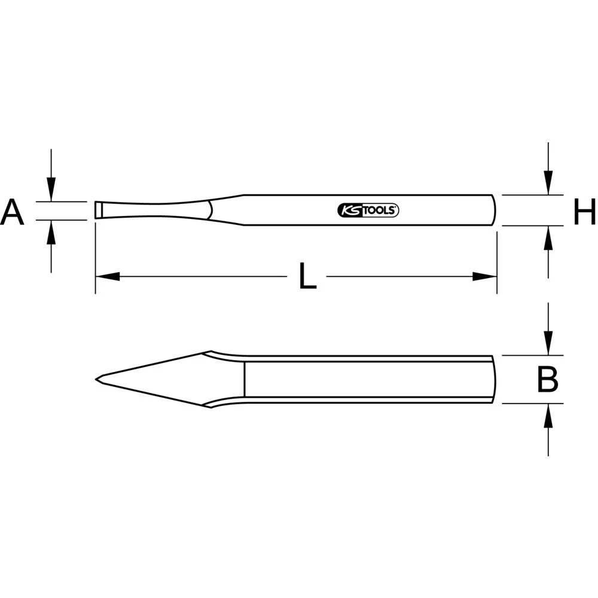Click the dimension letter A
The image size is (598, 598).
[12, 213]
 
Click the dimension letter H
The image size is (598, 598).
[584, 213]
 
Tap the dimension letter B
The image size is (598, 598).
[547, 380]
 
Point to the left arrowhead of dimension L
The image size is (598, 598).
[108, 276]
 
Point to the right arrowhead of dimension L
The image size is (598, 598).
[484, 276]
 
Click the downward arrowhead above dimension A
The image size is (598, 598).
[51, 191]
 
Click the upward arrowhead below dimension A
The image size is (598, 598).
[51, 231]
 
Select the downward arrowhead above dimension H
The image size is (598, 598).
[548, 183]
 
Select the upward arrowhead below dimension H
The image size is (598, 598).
[548, 237]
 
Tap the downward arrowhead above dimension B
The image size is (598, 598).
[548, 344]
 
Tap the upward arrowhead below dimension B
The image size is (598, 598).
[548, 415]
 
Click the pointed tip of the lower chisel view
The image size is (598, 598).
[97, 379]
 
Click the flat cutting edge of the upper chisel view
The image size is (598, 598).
[96, 210]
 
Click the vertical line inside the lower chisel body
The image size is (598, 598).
[244, 379]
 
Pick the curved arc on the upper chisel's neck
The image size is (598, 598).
[210, 210]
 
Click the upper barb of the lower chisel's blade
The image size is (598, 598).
[210, 352]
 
